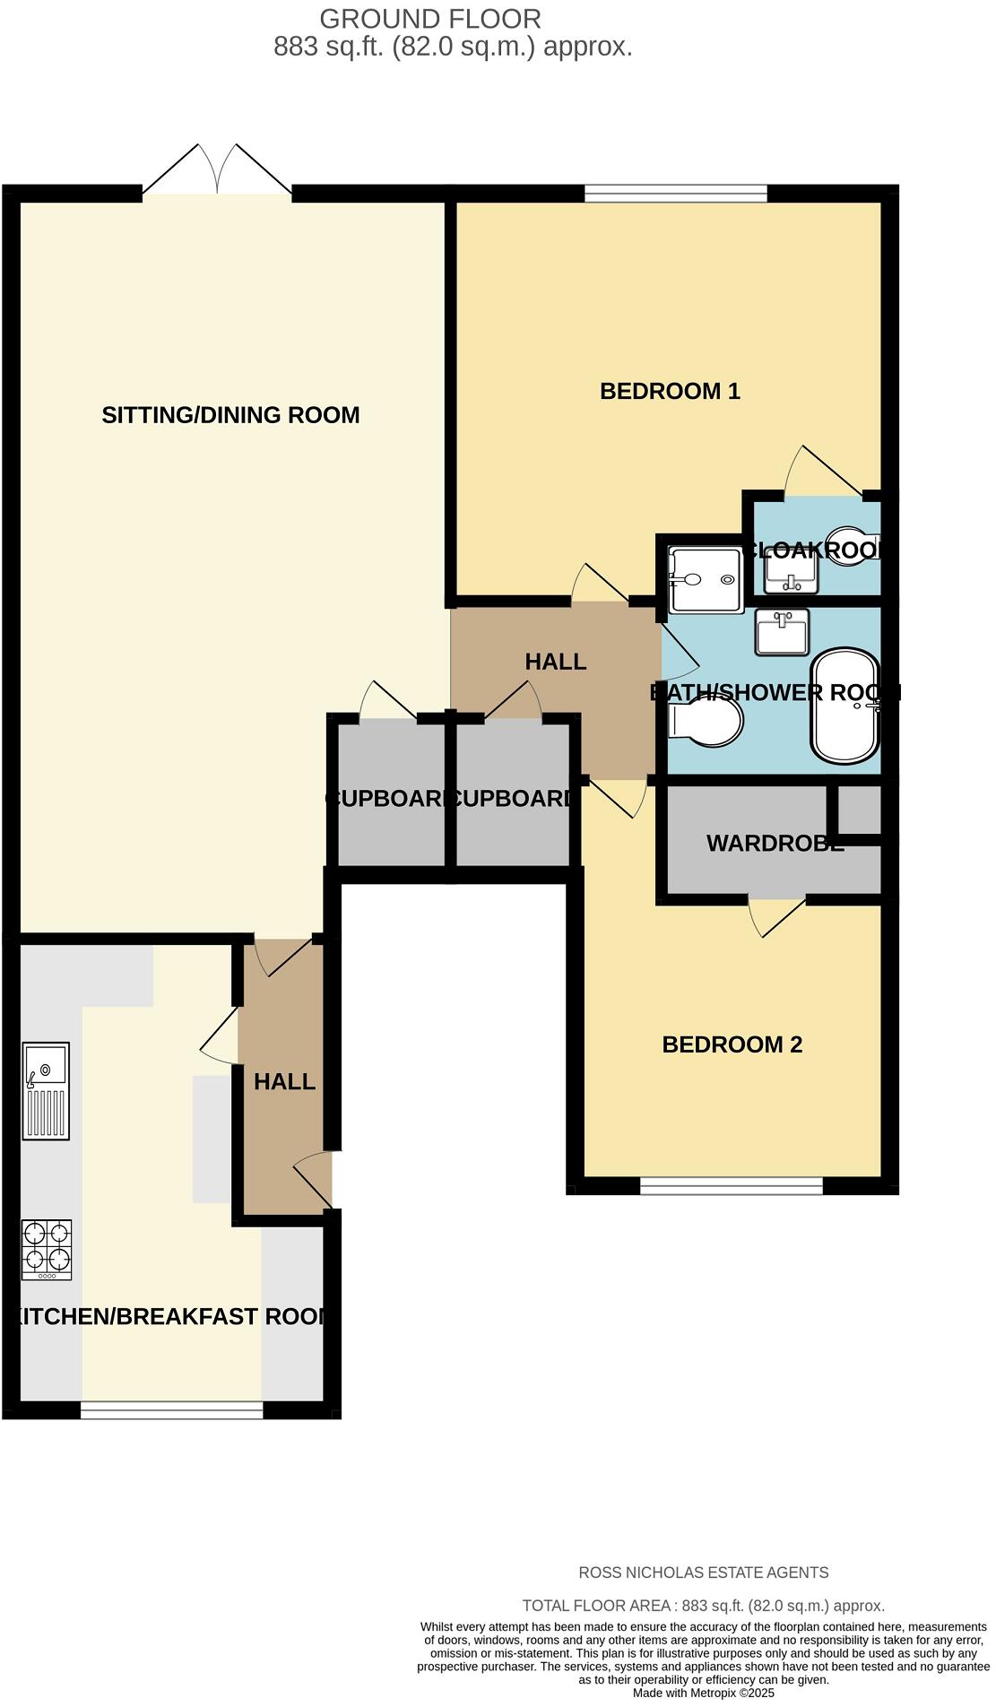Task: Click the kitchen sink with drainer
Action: [x=46, y=1090]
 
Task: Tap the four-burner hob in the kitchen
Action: [x=47, y=1250]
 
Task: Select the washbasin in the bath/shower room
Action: [x=782, y=632]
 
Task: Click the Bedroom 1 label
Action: [x=670, y=391]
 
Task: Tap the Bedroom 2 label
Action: [x=732, y=1044]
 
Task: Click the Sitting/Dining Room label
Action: [x=230, y=415]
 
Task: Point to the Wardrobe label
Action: [x=775, y=844]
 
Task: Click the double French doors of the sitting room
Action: [x=217, y=172]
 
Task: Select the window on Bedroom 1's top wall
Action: [x=676, y=193]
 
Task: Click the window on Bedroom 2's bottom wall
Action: [x=732, y=1187]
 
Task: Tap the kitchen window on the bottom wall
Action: [x=172, y=1410]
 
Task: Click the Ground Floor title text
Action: [x=430, y=19]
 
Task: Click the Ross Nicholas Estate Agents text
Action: [x=704, y=1573]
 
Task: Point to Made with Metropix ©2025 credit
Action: [x=704, y=1694]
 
